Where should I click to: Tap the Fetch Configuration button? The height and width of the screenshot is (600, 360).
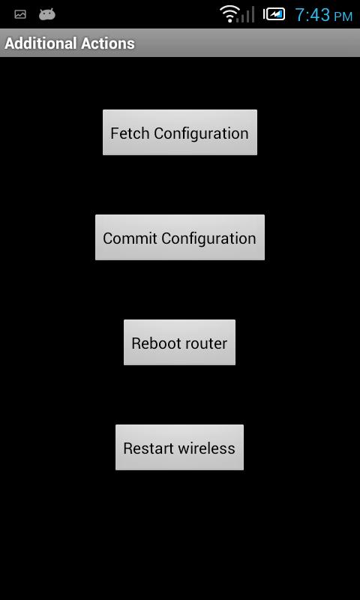tap(179, 133)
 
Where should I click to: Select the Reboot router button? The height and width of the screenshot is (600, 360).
tap(179, 343)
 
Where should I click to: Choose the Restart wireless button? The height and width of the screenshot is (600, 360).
tap(179, 448)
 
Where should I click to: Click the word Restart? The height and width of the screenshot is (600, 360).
tap(148, 448)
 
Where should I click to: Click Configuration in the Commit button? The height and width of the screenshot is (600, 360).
tap(209, 238)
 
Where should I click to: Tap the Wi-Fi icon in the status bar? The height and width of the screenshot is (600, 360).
tap(229, 13)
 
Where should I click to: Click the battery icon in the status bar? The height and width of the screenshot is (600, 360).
tap(274, 13)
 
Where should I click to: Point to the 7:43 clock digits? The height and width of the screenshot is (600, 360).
tap(312, 14)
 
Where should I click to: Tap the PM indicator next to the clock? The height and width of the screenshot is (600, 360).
tap(343, 16)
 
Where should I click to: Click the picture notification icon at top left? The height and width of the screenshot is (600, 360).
tap(20, 14)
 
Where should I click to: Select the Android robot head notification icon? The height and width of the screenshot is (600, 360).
tap(46, 14)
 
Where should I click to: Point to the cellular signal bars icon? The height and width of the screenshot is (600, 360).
tap(249, 13)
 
